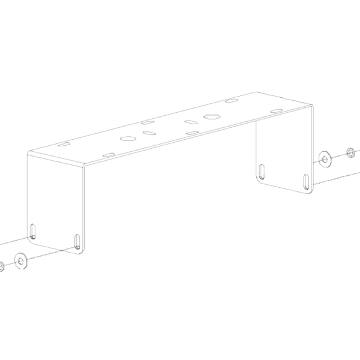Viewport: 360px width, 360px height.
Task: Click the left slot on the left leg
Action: pyautogui.click(x=33, y=230)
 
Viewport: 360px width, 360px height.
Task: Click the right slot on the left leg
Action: pyautogui.click(x=77, y=241)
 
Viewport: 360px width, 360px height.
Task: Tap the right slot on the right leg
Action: pyautogui.click(x=306, y=181)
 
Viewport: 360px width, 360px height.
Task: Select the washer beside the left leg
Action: pyautogui.click(x=20, y=261)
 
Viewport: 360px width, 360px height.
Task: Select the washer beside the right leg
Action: pyautogui.click(x=323, y=160)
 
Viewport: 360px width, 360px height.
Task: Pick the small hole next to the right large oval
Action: pyautogui.click(x=191, y=122)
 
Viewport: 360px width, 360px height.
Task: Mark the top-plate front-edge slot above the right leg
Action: pyautogui.click(x=277, y=111)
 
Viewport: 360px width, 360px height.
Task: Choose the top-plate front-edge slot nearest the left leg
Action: pyautogui.click(x=109, y=155)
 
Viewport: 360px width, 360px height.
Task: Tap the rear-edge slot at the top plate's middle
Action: pyautogui.click(x=148, y=122)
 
